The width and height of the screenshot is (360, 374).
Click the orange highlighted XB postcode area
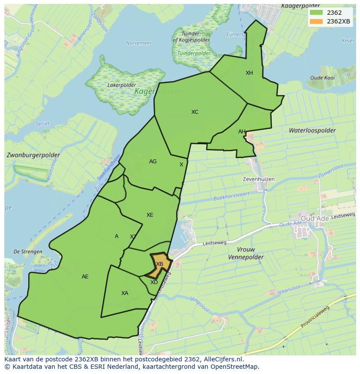(159, 264)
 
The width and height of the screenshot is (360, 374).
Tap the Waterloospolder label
(312, 130)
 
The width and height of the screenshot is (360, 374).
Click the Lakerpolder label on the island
(120, 85)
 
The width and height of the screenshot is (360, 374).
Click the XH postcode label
(249, 73)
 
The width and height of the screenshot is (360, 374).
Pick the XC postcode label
(195, 112)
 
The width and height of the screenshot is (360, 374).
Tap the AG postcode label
(153, 162)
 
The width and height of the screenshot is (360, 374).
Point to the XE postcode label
(150, 215)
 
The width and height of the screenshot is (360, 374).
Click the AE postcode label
(85, 277)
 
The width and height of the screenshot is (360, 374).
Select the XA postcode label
(125, 293)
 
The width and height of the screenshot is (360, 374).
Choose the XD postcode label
(154, 282)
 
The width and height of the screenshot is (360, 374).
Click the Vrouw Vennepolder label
(246, 253)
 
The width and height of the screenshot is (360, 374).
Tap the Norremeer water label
(139, 43)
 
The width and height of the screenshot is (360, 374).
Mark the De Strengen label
(28, 252)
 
